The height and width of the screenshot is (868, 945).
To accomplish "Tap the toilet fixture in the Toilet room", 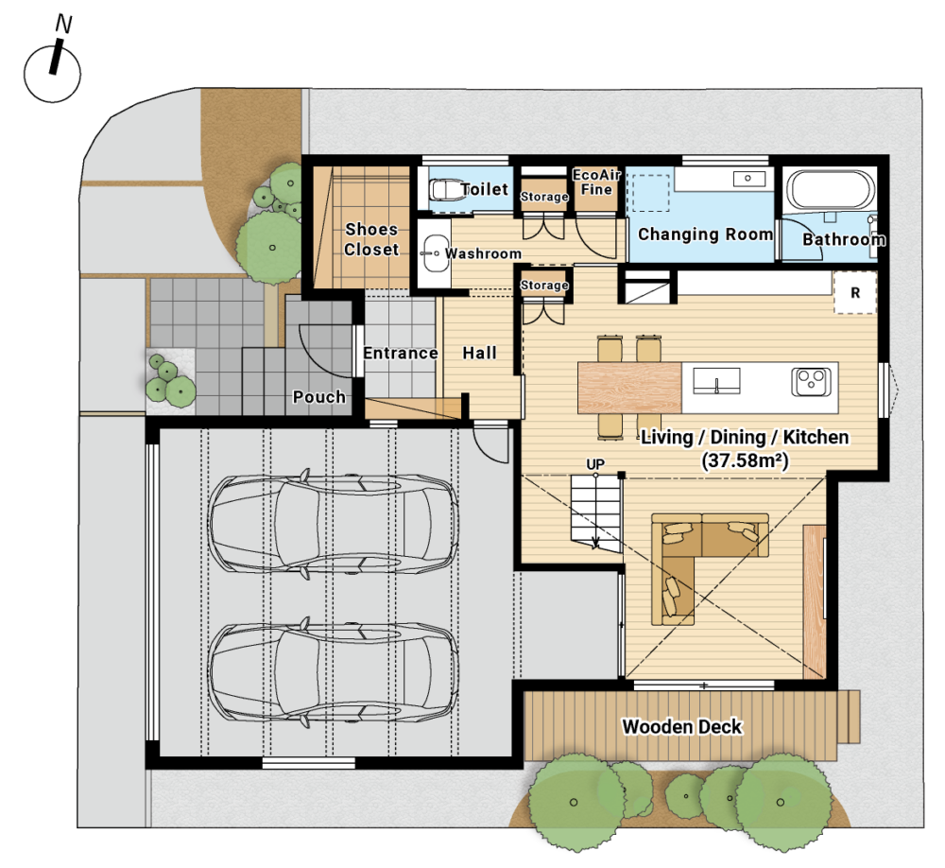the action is point(445,189).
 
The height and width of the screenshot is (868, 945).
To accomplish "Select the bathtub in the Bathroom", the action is point(830,189).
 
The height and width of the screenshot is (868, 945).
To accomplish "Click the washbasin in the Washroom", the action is point(432,254).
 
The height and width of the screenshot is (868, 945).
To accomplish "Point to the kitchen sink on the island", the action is point(716,381).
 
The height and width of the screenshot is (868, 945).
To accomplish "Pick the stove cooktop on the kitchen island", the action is point(811,381).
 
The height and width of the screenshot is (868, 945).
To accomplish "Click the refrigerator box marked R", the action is point(854,292).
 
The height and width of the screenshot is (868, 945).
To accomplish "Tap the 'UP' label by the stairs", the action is point(594,464).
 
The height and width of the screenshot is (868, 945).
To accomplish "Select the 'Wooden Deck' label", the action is point(681,726).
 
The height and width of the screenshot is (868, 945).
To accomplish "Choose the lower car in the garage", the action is point(334,671).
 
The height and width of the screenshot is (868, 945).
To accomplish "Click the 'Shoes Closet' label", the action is point(371,239).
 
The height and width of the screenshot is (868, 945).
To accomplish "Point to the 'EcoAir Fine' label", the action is point(596,182).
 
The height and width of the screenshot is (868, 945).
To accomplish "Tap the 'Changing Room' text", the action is point(705,234).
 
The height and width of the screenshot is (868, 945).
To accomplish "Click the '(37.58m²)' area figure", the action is point(745,460).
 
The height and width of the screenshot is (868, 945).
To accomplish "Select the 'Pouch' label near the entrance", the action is point(318,397).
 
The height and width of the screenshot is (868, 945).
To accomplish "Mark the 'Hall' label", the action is point(479,353).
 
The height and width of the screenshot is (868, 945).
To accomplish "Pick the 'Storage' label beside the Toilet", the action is point(544,197).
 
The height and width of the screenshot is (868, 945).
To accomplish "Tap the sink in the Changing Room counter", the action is point(748,179).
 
